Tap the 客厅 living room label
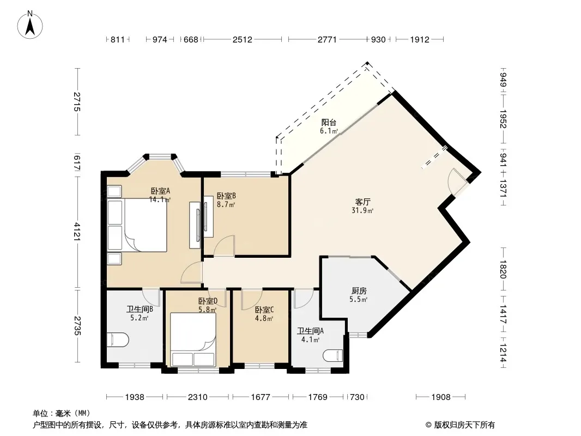click(363, 202)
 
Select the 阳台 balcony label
click(329, 122)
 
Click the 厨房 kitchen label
click(359, 291)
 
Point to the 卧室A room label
click(160, 191)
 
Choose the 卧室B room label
click(226, 196)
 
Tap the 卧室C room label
click(264, 310)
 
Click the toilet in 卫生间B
click(118, 340)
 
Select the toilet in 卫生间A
click(334, 356)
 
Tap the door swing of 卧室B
click(224, 246)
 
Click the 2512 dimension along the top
click(243, 39)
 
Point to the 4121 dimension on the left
click(77, 232)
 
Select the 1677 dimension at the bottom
click(261, 397)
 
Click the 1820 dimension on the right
click(503, 269)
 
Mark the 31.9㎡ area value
click(362, 211)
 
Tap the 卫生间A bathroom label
click(310, 331)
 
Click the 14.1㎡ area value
click(160, 200)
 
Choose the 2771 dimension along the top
click(327, 39)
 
